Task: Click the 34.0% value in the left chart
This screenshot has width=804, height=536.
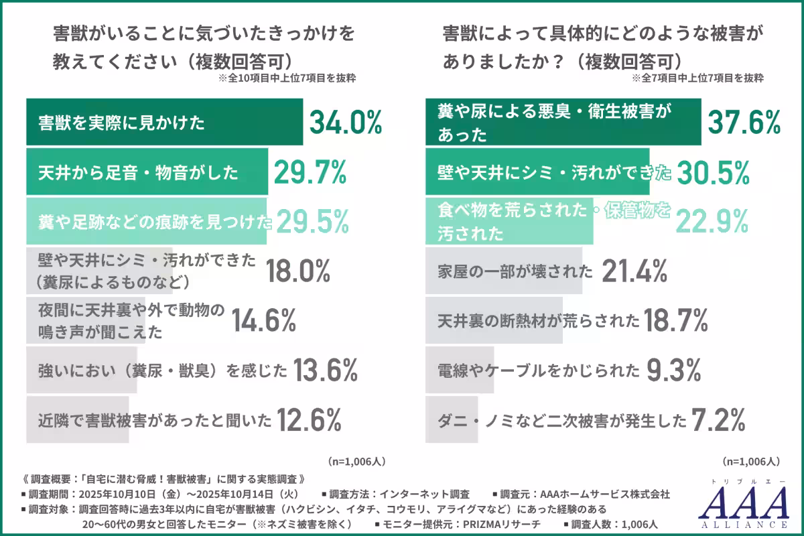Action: tap(345, 123)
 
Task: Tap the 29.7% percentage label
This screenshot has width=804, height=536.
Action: tap(310, 173)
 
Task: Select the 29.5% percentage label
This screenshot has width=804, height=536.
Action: tap(313, 221)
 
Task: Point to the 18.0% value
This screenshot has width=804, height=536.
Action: tap(297, 271)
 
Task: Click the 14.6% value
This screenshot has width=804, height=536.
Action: tap(263, 321)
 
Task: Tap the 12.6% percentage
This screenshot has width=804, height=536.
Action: tap(310, 420)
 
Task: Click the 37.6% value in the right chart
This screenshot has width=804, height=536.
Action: tap(744, 123)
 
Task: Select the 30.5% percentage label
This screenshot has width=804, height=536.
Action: tap(713, 173)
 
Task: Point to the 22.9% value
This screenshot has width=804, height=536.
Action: tap(712, 221)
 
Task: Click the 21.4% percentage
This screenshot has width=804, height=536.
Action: tap(634, 271)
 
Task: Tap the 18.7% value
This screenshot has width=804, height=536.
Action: tap(676, 321)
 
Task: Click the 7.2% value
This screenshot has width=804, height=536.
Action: tap(718, 420)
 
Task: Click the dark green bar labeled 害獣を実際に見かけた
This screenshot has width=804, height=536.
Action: tap(164, 123)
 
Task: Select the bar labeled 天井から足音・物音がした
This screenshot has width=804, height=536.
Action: tap(147, 173)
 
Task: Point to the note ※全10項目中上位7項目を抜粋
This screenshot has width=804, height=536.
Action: tap(287, 78)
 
